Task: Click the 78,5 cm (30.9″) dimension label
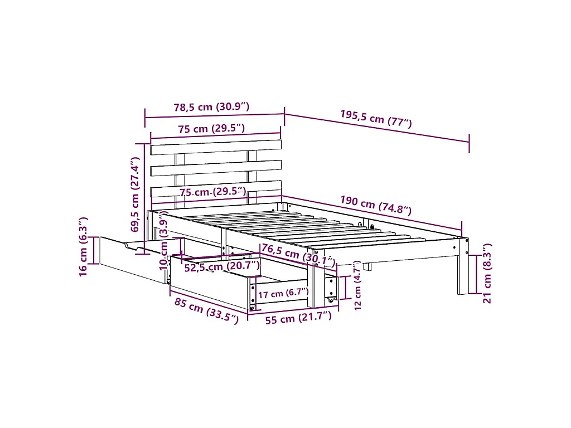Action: coord(211,107)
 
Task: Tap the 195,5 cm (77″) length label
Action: coord(376,119)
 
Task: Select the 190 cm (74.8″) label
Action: coord(376,205)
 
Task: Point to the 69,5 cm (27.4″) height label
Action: coord(135,194)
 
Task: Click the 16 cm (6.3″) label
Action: coord(83,246)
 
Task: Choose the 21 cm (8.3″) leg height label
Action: coord(487,273)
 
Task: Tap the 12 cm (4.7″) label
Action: coord(357,285)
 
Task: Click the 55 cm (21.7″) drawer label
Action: coord(299,318)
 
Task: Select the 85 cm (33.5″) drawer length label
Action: coord(206,311)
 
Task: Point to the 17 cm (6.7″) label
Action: coord(283,293)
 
